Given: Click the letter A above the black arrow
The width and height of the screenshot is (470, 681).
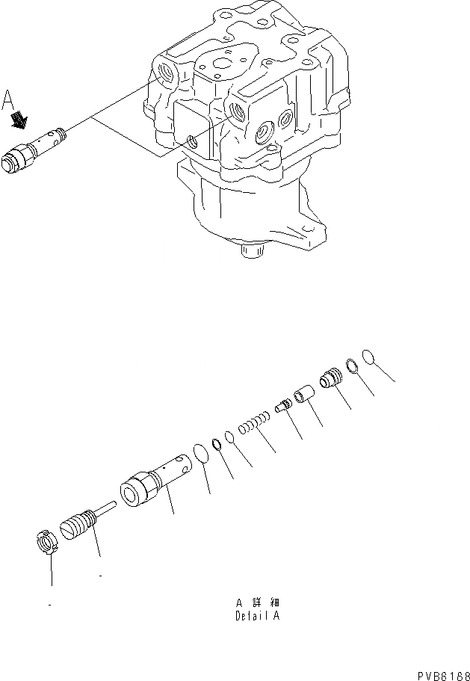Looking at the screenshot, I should (x=9, y=99).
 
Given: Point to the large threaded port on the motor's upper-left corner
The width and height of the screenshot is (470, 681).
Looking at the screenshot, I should (x=164, y=72).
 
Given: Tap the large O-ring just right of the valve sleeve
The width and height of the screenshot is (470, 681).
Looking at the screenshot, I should (x=199, y=454).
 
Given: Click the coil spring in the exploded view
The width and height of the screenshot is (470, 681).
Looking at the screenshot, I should (x=252, y=425).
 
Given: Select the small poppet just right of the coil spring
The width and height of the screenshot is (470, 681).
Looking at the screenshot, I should (x=282, y=406).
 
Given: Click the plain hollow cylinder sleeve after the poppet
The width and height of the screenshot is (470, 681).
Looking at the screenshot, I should (x=303, y=393).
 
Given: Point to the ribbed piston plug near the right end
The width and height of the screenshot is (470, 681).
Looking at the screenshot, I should (x=330, y=379).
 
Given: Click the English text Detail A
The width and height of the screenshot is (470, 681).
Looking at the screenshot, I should (x=258, y=617).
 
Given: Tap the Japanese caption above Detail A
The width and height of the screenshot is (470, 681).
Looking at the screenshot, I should (x=258, y=603).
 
